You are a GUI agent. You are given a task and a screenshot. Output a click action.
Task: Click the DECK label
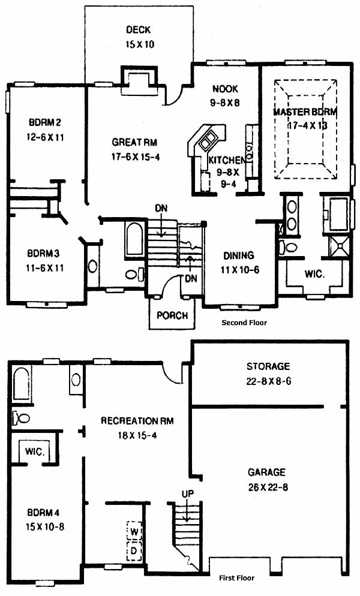tap(138, 29)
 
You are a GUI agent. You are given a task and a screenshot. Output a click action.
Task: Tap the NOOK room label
tap(225, 89)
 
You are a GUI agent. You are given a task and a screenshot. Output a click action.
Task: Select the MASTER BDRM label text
tap(305, 112)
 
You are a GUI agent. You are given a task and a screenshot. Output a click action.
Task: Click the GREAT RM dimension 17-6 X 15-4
tap(136, 156)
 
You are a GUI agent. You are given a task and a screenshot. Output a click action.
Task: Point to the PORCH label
tap(172, 315)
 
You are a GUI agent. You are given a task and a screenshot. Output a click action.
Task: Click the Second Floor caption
tap(244, 323)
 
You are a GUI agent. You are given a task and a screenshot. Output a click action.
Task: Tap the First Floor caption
tap(236, 578)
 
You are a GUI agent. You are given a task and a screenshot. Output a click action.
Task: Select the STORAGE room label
tap(268, 366)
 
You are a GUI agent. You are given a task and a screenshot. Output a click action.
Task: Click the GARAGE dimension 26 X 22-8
tap(268, 487)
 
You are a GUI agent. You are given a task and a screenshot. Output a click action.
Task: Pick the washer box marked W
tap(134, 531)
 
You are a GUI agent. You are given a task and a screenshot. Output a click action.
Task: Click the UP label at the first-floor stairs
tap(188, 493)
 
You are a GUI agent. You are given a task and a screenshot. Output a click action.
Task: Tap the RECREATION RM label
tap(137, 421)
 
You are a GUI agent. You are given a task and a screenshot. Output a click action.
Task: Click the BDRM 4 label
tap(43, 513)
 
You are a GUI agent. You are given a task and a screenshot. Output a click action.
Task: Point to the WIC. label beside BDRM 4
tap(35, 451)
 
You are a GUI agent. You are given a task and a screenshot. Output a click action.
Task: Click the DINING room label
tap(239, 255)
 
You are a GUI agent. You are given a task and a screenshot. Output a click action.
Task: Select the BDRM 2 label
tap(45, 122)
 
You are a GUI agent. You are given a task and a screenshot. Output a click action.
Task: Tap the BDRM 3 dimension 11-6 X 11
tap(45, 268)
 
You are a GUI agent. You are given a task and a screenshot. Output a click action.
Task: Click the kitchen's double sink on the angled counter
tap(208, 139)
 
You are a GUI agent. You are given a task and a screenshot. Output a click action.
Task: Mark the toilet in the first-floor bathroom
tap(21, 418)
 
